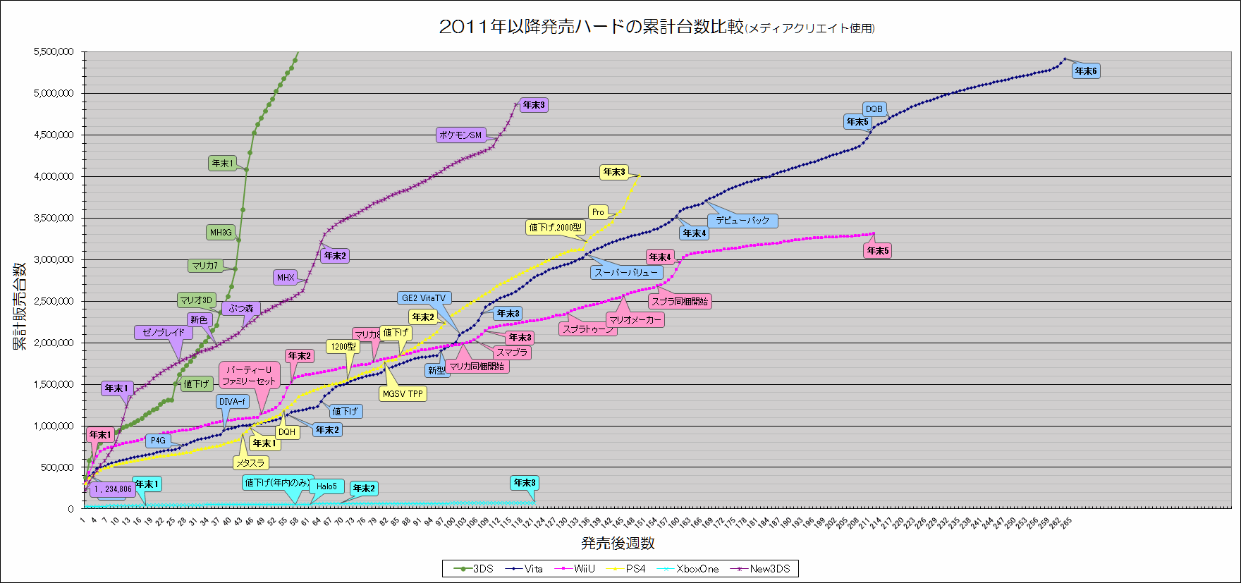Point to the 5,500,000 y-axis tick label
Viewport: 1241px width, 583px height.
point(54,51)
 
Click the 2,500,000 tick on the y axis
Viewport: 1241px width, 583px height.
point(54,301)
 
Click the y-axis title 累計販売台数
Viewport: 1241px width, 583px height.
point(19,306)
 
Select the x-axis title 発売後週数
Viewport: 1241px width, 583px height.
point(618,544)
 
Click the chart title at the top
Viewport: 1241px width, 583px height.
point(656,27)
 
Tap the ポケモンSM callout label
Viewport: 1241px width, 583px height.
point(460,135)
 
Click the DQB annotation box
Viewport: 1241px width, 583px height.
point(874,109)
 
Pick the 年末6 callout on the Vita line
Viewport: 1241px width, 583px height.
point(1086,71)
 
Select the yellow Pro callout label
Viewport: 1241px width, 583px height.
point(598,212)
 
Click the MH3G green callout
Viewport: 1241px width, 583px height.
point(221,232)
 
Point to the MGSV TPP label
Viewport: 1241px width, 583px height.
point(403,394)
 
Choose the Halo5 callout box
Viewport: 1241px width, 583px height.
point(326,486)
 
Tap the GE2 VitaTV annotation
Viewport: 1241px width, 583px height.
point(424,298)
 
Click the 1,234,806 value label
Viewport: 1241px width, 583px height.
point(113,489)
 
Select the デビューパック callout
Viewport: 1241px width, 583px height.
point(742,221)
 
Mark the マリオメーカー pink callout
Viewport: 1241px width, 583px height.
point(635,320)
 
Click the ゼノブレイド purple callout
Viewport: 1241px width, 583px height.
point(164,333)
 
